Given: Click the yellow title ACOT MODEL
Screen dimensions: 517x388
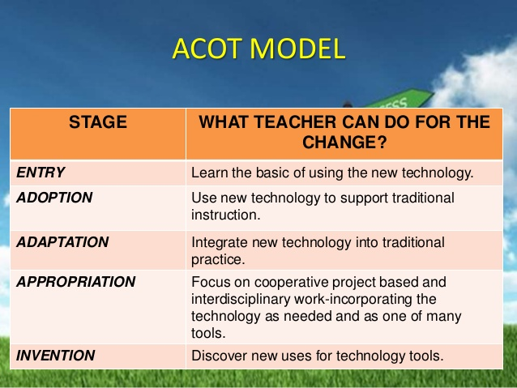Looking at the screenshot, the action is tap(258, 49).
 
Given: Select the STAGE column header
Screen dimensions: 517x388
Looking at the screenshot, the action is tap(98, 122).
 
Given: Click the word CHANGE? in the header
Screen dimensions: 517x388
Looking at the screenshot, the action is tap(344, 143).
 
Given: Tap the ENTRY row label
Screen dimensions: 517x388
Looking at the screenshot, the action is tap(41, 173).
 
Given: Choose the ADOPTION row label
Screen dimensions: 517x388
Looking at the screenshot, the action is tap(54, 198).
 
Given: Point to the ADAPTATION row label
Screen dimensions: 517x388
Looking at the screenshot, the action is tap(62, 242).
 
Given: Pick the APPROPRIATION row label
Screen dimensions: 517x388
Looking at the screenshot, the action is tap(76, 282).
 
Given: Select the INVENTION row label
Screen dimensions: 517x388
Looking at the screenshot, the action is tap(55, 356).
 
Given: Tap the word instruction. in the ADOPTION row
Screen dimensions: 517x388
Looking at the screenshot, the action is tap(226, 215).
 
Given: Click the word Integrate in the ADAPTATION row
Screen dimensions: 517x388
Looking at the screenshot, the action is tap(220, 243).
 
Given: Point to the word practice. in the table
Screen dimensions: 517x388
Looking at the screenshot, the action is tap(218, 260).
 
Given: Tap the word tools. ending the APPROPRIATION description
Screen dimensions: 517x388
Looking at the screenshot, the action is tap(208, 333).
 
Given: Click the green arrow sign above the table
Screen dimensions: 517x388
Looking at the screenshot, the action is tap(397, 99).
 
